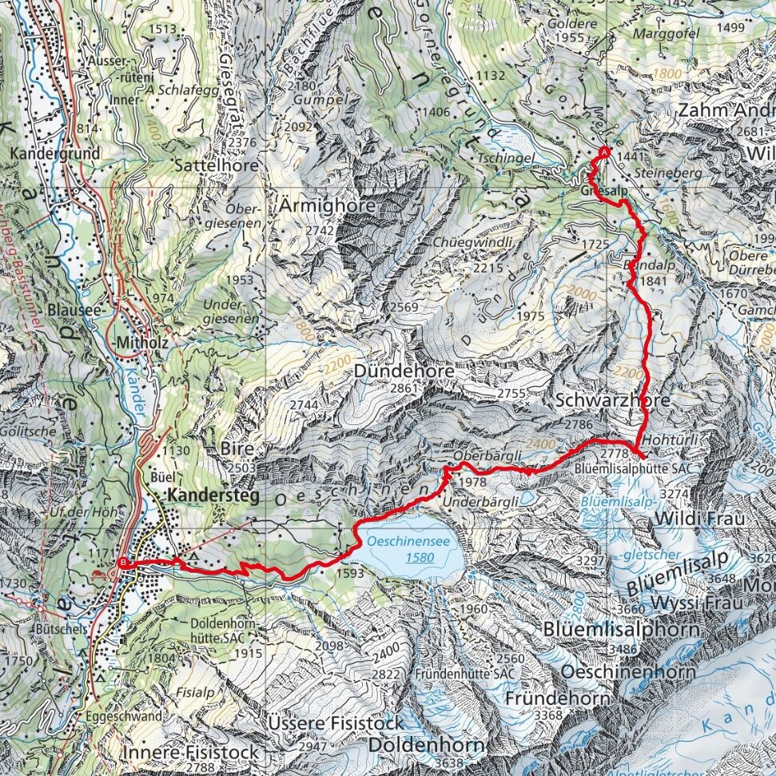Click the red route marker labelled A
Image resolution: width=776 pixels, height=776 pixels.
click(x=604, y=153)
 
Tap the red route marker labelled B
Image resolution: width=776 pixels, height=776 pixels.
click(x=122, y=563)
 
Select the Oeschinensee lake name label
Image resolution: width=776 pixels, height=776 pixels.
click(x=408, y=541)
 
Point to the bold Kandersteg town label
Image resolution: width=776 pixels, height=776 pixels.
click(x=214, y=496)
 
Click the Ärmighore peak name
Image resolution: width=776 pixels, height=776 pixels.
click(x=328, y=206)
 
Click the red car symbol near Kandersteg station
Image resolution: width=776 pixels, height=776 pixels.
click(x=98, y=575)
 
